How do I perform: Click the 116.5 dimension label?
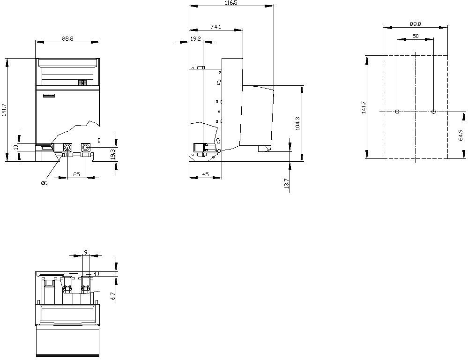coord(231,3)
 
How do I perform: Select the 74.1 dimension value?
coord(216,27)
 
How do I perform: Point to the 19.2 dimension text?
coord(195,38)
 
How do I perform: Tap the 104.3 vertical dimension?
coord(297,123)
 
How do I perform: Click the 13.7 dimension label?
coord(287,184)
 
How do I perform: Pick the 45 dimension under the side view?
coord(205,174)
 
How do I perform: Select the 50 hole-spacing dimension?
coord(416,36)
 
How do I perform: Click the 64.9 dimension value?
coord(460,135)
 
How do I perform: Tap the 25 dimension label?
coord(76,174)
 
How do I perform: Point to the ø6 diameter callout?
coord(44,183)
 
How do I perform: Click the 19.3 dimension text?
coord(113,155)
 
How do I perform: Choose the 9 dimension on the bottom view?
coord(86,253)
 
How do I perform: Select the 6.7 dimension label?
coord(113,296)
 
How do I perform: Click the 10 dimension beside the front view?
coord(16,147)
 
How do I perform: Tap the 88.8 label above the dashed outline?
coord(415,23)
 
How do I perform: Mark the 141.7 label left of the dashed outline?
coord(364,107)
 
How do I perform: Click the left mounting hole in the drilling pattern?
coord(397,112)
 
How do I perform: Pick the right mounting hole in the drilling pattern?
coord(434,112)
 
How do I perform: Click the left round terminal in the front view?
coord(68,147)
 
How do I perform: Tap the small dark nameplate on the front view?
coord(49,96)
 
